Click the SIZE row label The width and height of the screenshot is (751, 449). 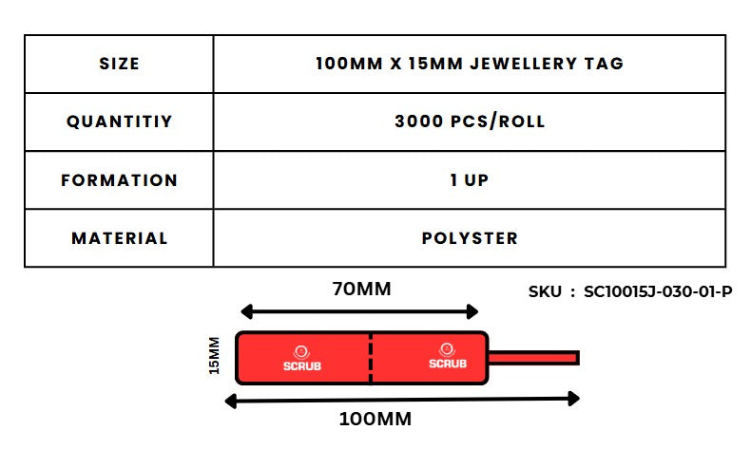pyautogui.click(x=119, y=65)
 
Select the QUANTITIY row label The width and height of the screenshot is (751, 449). pyautogui.click(x=119, y=122)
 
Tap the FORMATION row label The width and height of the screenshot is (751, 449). pyautogui.click(x=119, y=180)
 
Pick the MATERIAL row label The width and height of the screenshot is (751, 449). pyautogui.click(x=119, y=238)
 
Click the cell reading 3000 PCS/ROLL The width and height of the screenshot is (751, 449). pyautogui.click(x=470, y=122)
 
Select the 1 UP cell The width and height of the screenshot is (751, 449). pyautogui.click(x=470, y=180)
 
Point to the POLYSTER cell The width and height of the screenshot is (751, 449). pyautogui.click(x=470, y=238)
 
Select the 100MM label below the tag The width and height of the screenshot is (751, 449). pyautogui.click(x=376, y=419)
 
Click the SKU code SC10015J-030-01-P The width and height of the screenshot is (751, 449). pyautogui.click(x=658, y=292)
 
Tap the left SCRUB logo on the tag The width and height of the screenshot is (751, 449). pyautogui.click(x=301, y=358)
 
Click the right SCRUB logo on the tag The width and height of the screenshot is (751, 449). pyautogui.click(x=447, y=358)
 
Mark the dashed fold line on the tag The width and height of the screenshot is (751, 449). pyautogui.click(x=371, y=358)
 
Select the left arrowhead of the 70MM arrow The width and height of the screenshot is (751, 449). pyautogui.click(x=245, y=311)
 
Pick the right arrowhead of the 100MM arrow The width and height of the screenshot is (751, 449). pyautogui.click(x=573, y=400)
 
